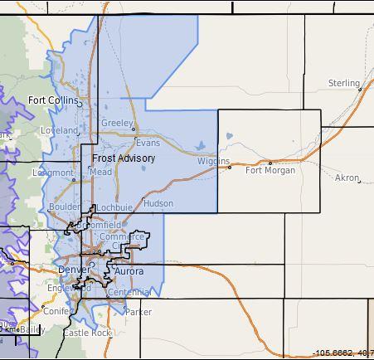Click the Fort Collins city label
pos(52,100)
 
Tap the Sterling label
pos(343,83)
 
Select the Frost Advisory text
pos(124,157)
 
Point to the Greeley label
pos(116,123)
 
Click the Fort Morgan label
pos(270,171)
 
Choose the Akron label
pos(347,178)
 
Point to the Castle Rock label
pos(87,332)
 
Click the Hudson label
pos(158,202)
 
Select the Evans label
pos(148,143)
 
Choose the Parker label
pos(138,312)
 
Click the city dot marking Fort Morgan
pos(270,163)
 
